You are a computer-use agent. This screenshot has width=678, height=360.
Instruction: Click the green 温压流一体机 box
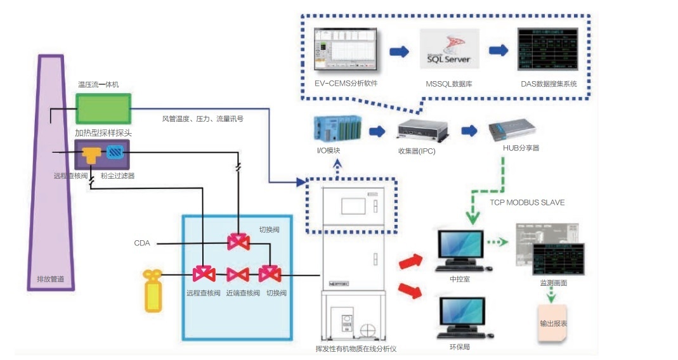tap(103, 109)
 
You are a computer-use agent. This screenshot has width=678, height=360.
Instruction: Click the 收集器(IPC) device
tap(421, 131)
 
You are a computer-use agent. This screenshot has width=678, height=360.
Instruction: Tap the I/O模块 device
tap(337, 129)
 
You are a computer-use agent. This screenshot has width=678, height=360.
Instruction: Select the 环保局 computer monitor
tap(461, 315)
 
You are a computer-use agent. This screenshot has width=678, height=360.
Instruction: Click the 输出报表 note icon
tap(553, 323)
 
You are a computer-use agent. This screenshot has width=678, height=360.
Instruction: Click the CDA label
tap(142, 243)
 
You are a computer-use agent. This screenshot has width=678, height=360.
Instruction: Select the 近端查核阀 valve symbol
tap(237, 274)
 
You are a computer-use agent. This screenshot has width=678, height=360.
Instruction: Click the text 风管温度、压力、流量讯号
tap(202, 118)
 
